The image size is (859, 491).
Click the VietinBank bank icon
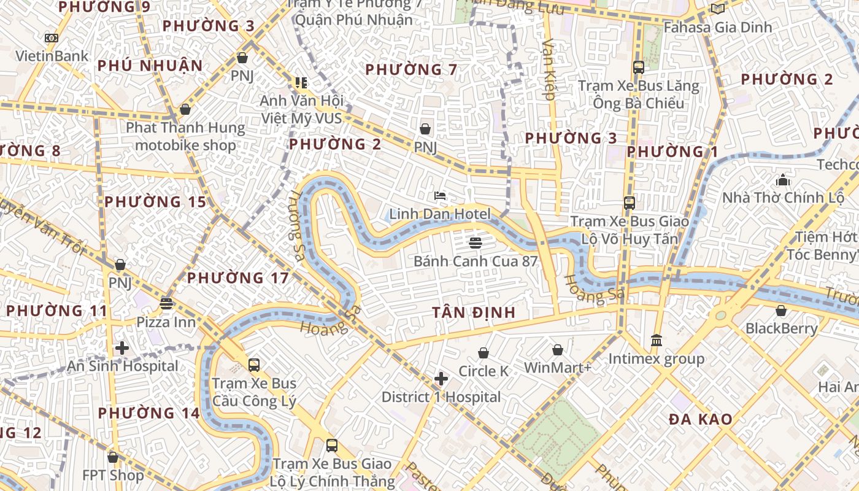[x=52, y=38]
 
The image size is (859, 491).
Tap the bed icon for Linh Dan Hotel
[x=440, y=196]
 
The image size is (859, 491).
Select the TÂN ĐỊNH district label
[x=473, y=312]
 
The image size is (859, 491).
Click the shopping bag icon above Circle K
[x=483, y=353]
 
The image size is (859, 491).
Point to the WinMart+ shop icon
[x=557, y=350]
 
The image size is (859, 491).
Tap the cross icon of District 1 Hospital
[x=441, y=379]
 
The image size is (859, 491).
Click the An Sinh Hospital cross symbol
[x=122, y=348]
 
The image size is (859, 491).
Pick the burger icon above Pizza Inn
[x=166, y=303]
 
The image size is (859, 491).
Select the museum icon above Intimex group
[x=657, y=340]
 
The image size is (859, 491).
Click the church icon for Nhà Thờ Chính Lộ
[x=783, y=180]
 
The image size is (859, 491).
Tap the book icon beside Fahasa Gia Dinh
[x=717, y=9]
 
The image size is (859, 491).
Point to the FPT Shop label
[x=114, y=475]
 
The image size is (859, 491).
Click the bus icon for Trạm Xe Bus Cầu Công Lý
[x=254, y=365]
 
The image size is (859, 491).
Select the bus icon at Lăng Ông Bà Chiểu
[x=638, y=68]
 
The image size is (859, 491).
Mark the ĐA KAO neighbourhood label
[x=701, y=419]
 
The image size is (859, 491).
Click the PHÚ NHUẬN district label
[x=150, y=66]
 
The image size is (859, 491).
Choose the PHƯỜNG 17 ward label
[x=237, y=278]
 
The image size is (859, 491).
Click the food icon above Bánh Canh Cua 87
[x=475, y=242]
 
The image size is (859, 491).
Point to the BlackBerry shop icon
[x=781, y=311]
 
